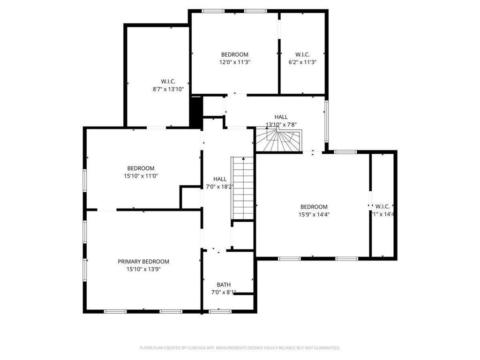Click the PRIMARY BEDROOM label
pos(143,262)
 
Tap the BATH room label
pos(223,285)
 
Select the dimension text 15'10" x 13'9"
pos(143,270)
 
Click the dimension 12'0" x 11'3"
pos(234,62)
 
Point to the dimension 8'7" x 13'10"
pos(168,89)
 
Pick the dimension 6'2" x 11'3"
pos(302,62)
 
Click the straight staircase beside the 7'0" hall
pos(242,187)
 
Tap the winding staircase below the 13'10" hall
pos(279,141)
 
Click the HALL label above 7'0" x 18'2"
pos(220,179)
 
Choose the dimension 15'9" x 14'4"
pos(314,215)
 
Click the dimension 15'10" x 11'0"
pos(141,176)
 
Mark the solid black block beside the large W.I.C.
pos(196,111)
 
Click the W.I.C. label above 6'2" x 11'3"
pos(302,55)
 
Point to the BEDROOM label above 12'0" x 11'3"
pos(234,55)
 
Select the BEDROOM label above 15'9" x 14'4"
pos(314,207)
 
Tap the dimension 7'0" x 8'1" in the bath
pos(223,292)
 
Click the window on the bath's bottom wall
pos(220,311)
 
